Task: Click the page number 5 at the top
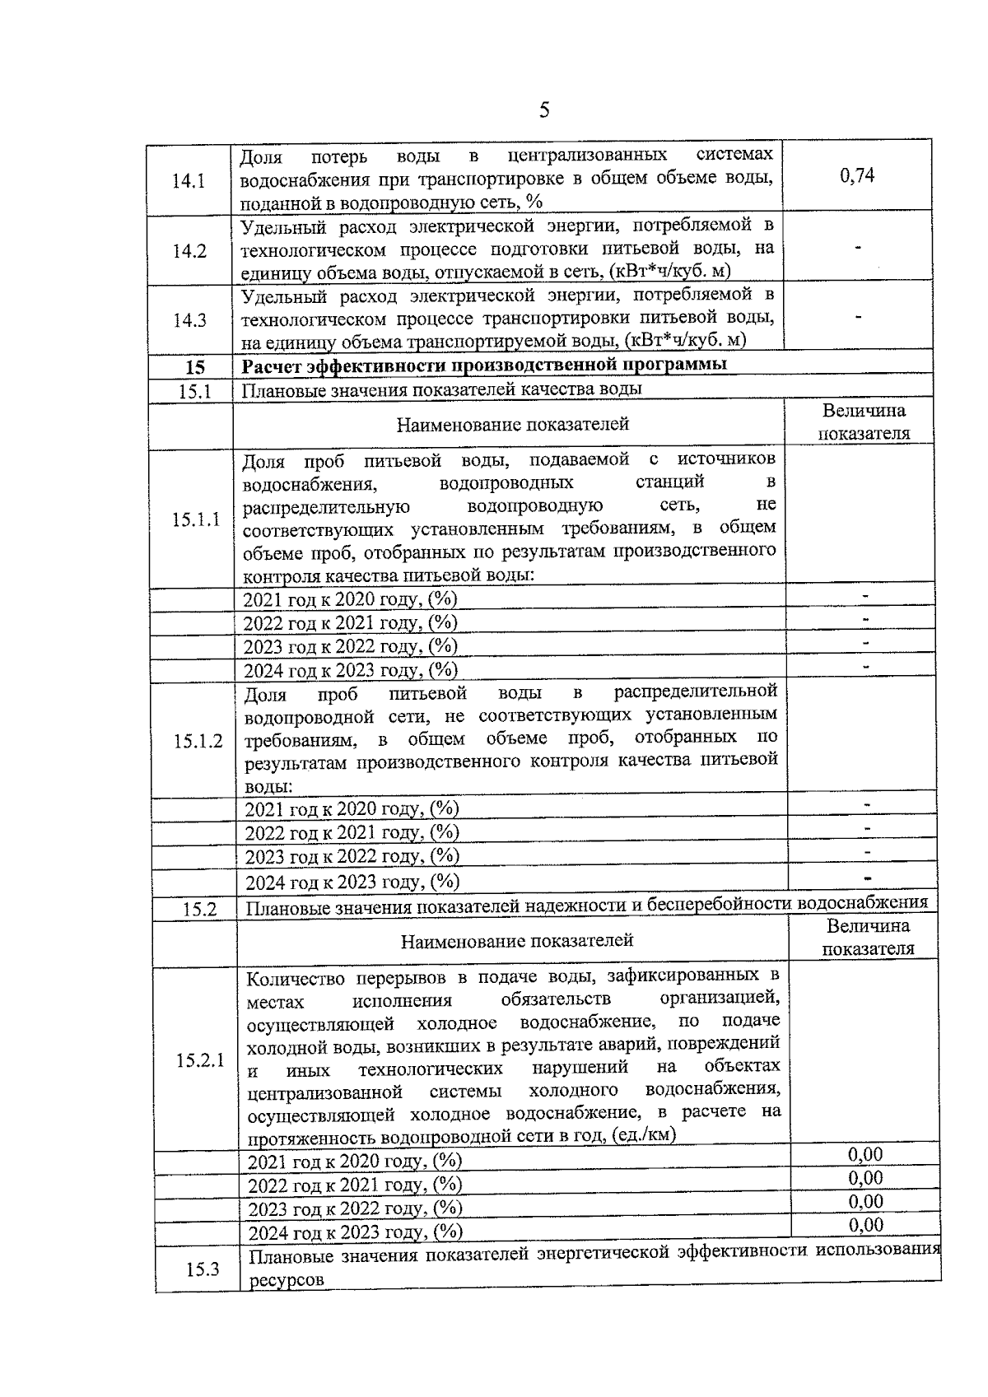(x=543, y=111)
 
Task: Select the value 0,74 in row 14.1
(x=857, y=175)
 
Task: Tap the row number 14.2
(x=189, y=251)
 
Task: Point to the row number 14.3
(x=189, y=320)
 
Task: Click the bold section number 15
(x=195, y=367)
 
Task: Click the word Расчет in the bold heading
(x=271, y=366)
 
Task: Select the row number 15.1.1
(x=196, y=519)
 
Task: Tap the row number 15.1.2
(x=198, y=741)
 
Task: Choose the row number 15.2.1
(x=200, y=1059)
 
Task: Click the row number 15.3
(x=203, y=1269)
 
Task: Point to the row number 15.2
(x=199, y=909)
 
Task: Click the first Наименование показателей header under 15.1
(x=512, y=424)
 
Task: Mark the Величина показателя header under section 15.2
(x=868, y=938)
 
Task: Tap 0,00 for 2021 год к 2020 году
(x=865, y=1153)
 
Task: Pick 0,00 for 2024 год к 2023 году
(x=865, y=1224)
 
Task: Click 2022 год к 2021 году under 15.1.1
(x=350, y=622)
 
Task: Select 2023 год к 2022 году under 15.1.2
(x=352, y=856)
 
